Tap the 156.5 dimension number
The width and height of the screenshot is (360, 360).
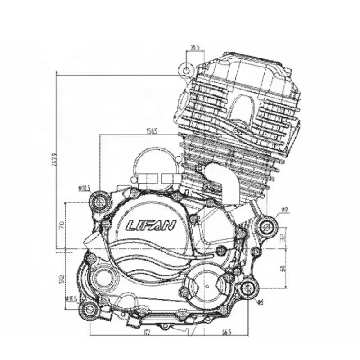[151, 131]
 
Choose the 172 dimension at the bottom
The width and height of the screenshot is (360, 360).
[147, 333]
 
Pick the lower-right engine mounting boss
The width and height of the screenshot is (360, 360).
[248, 289]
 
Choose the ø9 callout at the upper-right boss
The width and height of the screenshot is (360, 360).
[284, 210]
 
